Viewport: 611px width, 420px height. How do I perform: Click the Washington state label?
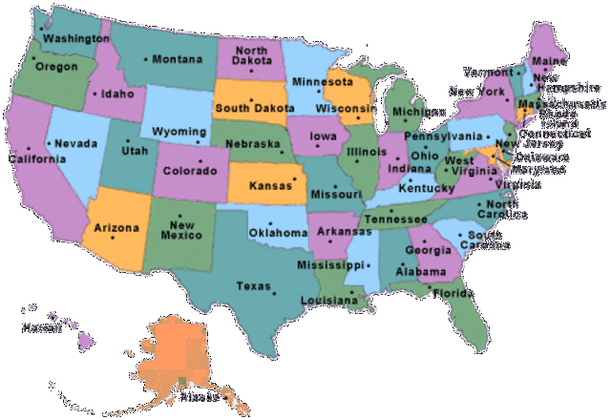(75, 39)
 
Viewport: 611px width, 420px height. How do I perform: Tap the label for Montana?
(178, 59)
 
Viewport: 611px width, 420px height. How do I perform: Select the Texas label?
(254, 285)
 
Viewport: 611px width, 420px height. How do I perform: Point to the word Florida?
(452, 293)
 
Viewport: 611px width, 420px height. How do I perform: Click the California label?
(35, 158)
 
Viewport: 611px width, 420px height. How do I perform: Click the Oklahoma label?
(278, 232)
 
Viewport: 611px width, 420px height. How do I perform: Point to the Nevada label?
(76, 143)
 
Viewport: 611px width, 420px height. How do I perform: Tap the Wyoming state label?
(179, 131)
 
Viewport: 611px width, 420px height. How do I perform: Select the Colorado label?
(191, 172)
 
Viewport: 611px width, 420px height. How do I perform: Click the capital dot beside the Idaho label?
(90, 95)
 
